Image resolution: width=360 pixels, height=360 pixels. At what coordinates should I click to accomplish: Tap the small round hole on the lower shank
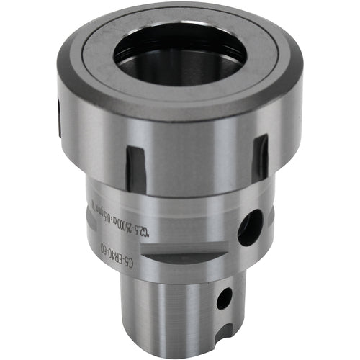click(x=224, y=297)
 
